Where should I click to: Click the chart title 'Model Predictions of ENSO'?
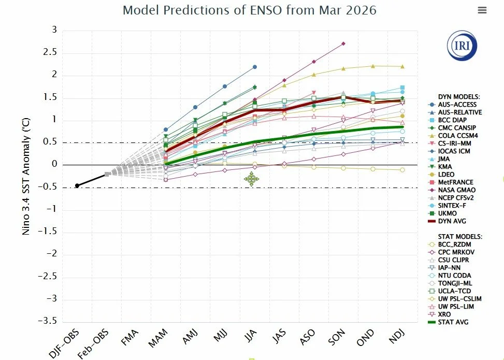pos(249,10)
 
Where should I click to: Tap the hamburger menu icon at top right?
pos(482,10)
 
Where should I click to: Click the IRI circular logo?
pos(462,46)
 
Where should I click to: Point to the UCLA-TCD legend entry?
pos(456,291)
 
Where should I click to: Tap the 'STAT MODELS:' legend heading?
pos(460,236)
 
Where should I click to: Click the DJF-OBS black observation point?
pos(77,185)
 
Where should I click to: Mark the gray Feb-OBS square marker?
pos(107,175)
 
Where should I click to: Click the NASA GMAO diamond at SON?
pos(343,44)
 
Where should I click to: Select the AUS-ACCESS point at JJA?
pos(255,67)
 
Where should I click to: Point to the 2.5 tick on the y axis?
pos(51,53)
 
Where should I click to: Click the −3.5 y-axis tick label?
pos(48,322)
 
